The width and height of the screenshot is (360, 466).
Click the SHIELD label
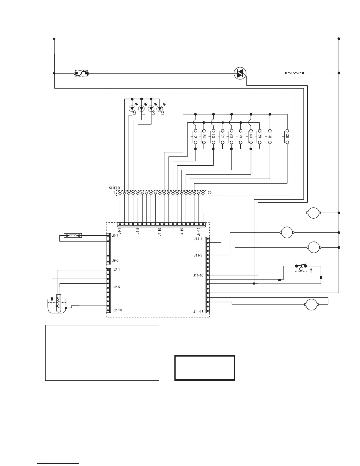(x=114, y=188)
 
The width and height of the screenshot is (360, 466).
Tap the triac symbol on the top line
(x=240, y=73)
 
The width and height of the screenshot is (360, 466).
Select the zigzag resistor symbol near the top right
(x=295, y=73)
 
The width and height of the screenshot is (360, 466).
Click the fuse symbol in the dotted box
(x=81, y=73)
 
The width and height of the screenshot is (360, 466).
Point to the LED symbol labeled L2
(x=132, y=109)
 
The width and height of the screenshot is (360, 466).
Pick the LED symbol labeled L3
(x=160, y=109)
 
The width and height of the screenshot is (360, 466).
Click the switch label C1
(x=196, y=136)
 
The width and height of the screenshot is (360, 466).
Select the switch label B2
(x=287, y=136)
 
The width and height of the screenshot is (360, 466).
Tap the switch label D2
(x=232, y=136)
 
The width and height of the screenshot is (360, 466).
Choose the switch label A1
(x=241, y=136)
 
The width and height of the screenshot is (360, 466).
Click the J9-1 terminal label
(x=115, y=236)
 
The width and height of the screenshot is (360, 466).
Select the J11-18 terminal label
(x=198, y=312)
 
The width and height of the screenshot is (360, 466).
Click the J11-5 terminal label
(x=198, y=255)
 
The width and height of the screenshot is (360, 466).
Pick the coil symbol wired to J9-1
(x=73, y=236)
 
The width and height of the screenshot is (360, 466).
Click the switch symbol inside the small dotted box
(x=301, y=267)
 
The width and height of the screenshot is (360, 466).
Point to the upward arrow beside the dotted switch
(x=311, y=270)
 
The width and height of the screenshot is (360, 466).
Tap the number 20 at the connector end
(x=209, y=193)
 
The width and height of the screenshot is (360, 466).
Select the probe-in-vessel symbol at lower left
(x=57, y=304)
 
